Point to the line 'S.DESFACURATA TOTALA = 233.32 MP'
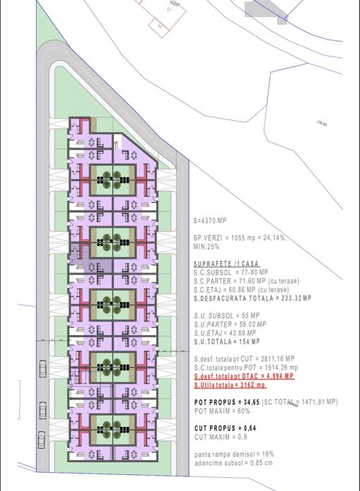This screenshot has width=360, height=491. tap(242, 299)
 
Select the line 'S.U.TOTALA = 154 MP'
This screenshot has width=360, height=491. tap(224, 341)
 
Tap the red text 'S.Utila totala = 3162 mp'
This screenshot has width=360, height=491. tap(229, 385)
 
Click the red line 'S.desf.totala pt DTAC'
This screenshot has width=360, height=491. tap(243, 377)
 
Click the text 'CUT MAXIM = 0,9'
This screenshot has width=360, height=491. tap(217, 436)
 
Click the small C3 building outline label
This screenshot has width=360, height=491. tap(160, 26)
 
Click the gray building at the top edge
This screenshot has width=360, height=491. tap(265, 8)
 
